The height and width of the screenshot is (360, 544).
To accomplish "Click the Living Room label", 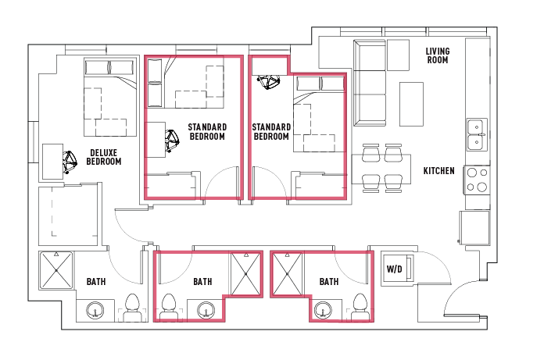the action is coord(438,55).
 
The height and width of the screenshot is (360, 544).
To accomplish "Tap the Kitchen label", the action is coord(439,171).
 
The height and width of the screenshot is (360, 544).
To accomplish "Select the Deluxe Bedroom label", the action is coord(104,157).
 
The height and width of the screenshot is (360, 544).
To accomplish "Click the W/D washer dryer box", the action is coord(398,269).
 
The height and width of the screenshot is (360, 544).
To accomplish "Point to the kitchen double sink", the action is coord(477,134).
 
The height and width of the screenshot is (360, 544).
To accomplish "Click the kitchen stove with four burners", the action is coord(477,180).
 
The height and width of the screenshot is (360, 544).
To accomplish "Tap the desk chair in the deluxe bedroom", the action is coord(70,162).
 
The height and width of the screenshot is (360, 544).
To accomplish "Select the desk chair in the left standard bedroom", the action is coord(172,141).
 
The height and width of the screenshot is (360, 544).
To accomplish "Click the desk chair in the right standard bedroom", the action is coord(268,82).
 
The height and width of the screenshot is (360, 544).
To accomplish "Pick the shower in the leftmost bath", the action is coord(55,270).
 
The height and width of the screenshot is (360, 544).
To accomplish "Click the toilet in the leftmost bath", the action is coord(132,308).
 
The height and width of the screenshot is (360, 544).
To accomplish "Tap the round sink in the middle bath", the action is coord(206,310).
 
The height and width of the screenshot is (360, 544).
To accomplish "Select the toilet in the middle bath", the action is coord(169,308).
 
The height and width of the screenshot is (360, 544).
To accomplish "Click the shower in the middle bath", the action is coord(245,274).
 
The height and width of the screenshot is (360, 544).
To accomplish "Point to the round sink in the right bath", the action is coord(323,310).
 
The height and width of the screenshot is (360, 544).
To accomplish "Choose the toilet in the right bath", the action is coord(360,308).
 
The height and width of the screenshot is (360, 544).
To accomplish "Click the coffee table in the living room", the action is coord(411,105).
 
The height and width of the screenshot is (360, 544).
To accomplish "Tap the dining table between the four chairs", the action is coord(381,169).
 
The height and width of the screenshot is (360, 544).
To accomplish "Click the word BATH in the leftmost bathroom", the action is coord(96,282).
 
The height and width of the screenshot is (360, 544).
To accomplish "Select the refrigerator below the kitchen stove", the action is coord(474,227).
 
